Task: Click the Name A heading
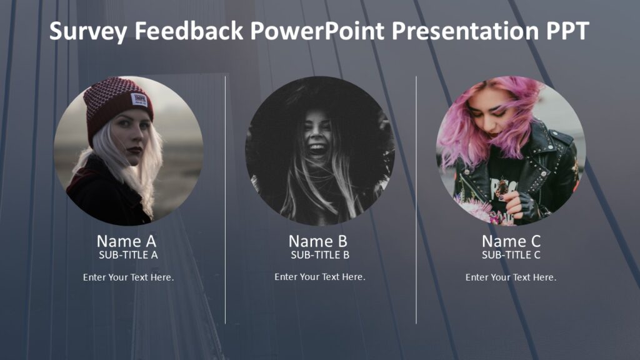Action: (126, 241)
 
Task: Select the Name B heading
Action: (317, 241)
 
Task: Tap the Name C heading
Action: (511, 241)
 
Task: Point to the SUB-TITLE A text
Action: (128, 255)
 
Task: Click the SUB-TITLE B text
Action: (320, 255)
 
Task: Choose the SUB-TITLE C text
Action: (511, 255)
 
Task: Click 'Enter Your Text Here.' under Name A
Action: (128, 277)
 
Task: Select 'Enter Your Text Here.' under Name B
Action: (320, 277)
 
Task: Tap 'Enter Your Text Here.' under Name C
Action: (511, 277)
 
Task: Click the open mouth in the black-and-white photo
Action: (317, 149)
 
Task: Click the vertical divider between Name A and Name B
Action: (225, 200)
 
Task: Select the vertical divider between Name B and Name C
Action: (416, 200)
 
